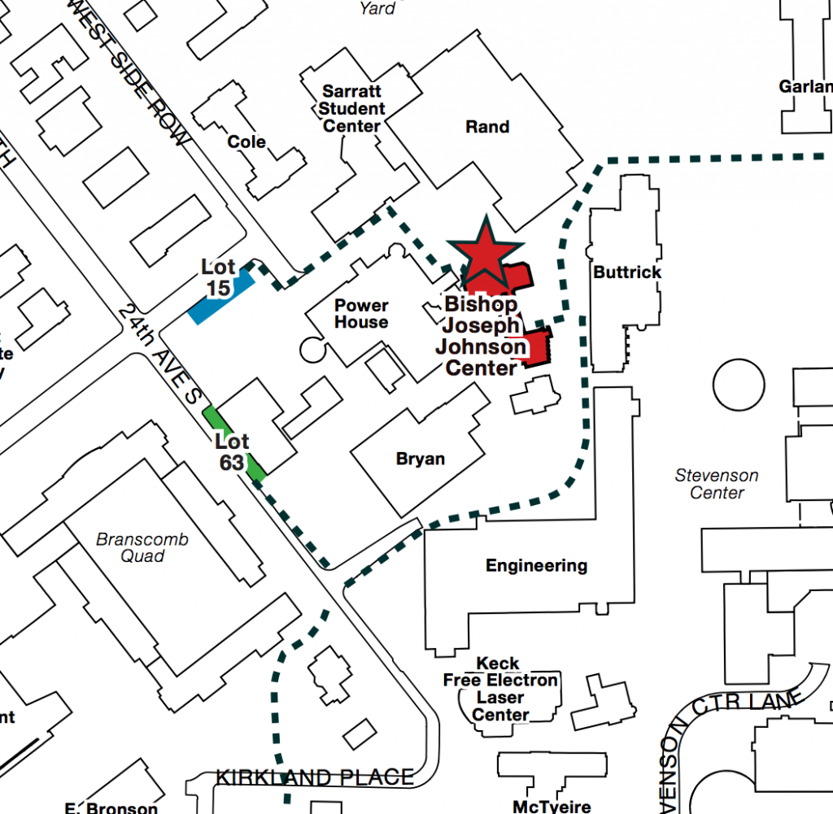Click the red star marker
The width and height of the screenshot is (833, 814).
click(x=486, y=250)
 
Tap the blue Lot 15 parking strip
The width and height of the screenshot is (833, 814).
click(x=220, y=298)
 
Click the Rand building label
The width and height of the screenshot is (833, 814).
click(x=487, y=127)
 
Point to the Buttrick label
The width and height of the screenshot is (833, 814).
click(x=627, y=272)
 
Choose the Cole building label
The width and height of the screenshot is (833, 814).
click(x=246, y=142)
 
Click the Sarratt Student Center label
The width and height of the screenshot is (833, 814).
click(x=352, y=108)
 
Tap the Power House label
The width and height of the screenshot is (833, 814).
click(x=362, y=314)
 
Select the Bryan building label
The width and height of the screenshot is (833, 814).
click(x=421, y=459)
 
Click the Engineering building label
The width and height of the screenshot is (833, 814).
click(x=536, y=566)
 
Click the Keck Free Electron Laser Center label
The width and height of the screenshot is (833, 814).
click(x=500, y=689)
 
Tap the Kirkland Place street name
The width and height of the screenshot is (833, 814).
click(x=315, y=777)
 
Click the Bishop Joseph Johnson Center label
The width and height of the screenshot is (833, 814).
click(x=481, y=336)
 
